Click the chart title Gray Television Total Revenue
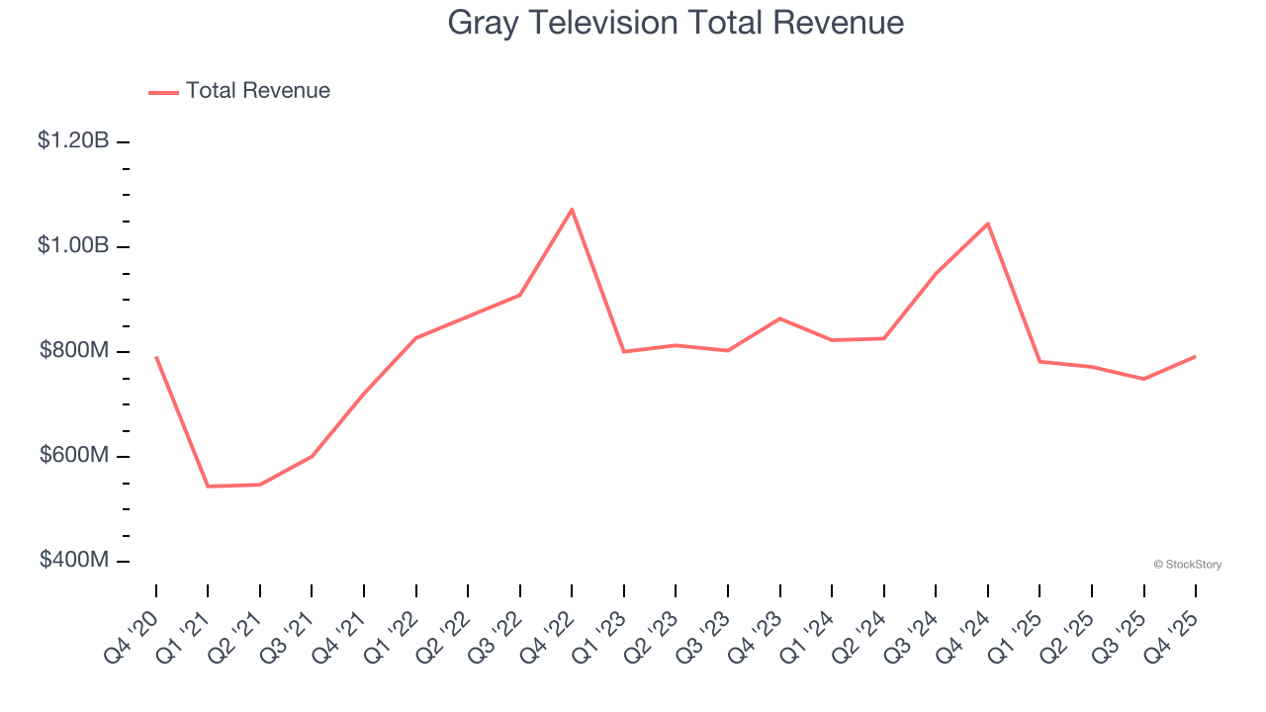point(676,22)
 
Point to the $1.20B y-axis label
point(74,141)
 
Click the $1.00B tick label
point(74,246)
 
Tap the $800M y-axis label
point(74,351)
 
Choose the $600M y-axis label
point(74,456)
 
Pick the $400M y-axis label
point(74,561)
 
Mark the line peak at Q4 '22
point(572,209)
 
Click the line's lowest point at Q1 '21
point(208,487)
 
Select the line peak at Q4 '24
point(988,223)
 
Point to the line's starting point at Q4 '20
point(156,357)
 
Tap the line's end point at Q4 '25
point(1196,356)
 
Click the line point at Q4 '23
point(780,318)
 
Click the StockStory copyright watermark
point(1187,565)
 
